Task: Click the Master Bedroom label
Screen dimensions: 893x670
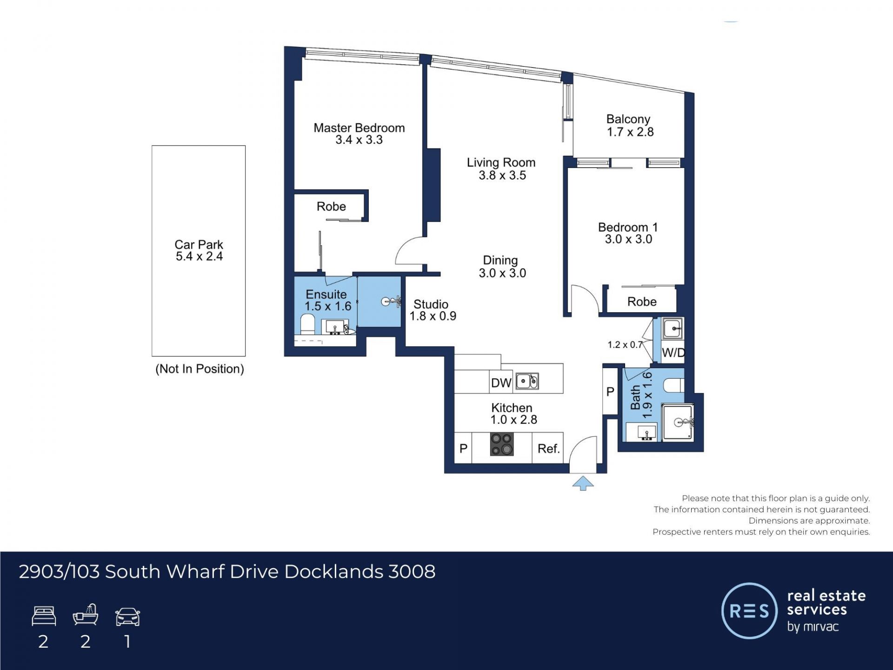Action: tap(359, 128)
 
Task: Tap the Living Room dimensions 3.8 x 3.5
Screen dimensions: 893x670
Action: tap(502, 175)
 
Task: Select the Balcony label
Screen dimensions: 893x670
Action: tap(628, 120)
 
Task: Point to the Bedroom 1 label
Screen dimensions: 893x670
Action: tap(628, 227)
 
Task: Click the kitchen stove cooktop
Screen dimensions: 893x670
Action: tap(502, 444)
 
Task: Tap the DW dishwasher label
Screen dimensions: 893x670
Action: tap(501, 383)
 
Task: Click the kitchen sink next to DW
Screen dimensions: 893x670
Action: tap(527, 381)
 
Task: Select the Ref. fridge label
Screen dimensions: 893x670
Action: tap(548, 449)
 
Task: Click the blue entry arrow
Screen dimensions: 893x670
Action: tap(583, 483)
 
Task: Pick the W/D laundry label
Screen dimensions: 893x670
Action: tap(673, 353)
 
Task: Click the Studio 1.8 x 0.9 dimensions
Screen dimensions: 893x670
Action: tap(433, 316)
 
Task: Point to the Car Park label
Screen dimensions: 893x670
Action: tap(199, 245)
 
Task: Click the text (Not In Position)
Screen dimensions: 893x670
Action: tap(200, 369)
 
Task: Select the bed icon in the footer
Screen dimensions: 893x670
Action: tap(44, 616)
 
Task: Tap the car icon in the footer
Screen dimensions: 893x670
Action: tap(127, 616)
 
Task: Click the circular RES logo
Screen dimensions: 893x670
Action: tap(749, 610)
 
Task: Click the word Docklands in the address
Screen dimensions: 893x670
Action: tap(334, 571)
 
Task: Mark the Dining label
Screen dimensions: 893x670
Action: tap(500, 261)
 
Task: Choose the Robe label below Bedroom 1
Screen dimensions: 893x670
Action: tap(642, 301)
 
